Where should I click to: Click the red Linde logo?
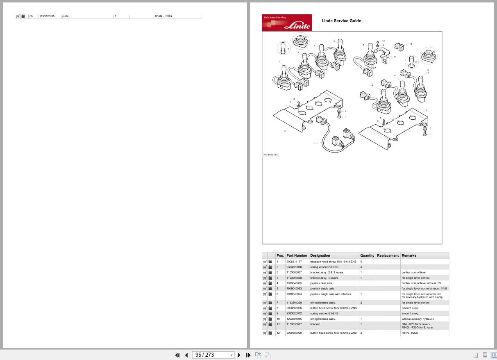(286, 23)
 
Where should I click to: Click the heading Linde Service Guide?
(341, 21)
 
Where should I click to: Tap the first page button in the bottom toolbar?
(177, 355)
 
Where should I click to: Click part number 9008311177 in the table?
(294, 262)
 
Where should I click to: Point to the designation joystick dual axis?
(321, 283)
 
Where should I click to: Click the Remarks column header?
(408, 255)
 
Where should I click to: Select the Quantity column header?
(367, 255)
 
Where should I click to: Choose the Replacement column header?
(388, 255)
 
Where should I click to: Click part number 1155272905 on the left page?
(47, 16)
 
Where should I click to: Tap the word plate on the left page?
(65, 16)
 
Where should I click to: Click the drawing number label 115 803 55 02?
(270, 155)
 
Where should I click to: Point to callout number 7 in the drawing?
(314, 144)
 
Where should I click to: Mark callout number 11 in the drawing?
(395, 57)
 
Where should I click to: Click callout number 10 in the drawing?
(411, 44)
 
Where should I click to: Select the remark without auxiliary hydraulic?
(418, 319)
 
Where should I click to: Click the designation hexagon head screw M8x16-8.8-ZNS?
(333, 262)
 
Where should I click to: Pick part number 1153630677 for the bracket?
(294, 324)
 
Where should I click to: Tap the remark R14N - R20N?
(410, 333)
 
